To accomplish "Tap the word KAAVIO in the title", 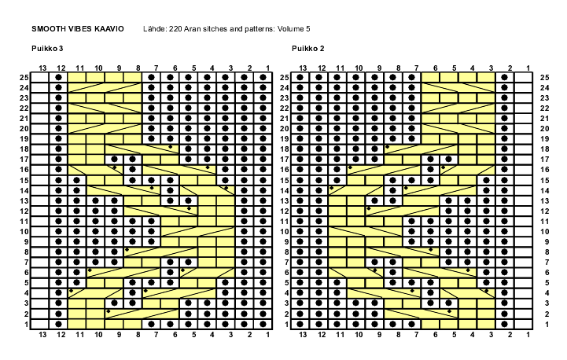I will [x=109, y=28].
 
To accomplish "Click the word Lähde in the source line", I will [x=154, y=28].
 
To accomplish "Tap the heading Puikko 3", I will [x=47, y=49].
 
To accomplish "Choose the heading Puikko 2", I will [x=308, y=49].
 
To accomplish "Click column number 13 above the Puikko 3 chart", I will [x=42, y=68].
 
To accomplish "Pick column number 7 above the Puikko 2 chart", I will [x=416, y=68].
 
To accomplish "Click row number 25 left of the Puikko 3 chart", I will [x=24, y=77].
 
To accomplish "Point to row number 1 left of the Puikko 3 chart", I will [x=26, y=324].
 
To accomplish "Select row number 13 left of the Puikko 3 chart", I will [x=24, y=200].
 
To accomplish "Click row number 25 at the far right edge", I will [x=544, y=77].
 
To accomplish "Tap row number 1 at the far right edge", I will [x=544, y=324].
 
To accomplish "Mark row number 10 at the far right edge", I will [x=544, y=232].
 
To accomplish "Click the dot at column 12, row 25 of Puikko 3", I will [x=59, y=77].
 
